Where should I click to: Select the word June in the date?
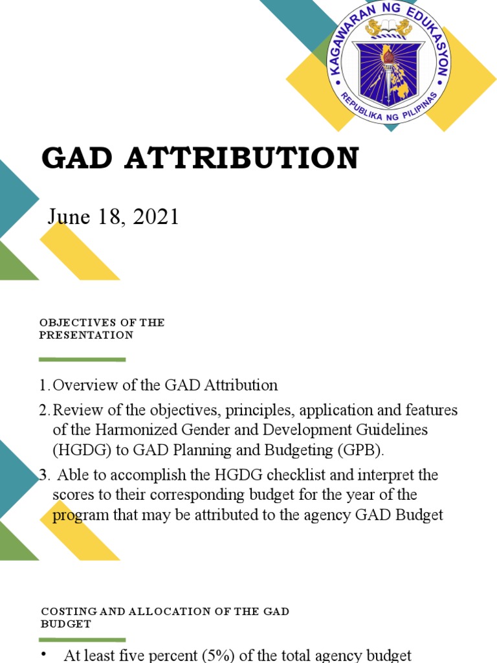pyautogui.click(x=68, y=217)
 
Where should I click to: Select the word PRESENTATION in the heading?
pyautogui.click(x=86, y=335)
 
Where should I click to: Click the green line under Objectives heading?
pyautogui.click(x=82, y=359)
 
